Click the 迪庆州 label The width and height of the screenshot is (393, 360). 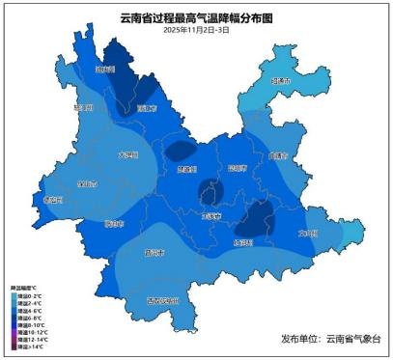(104, 70)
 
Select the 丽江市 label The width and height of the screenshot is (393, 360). (147, 109)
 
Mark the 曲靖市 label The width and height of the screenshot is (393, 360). (278, 154)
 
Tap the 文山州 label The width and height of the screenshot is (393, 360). (307, 233)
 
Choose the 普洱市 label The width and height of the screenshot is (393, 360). (153, 253)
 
